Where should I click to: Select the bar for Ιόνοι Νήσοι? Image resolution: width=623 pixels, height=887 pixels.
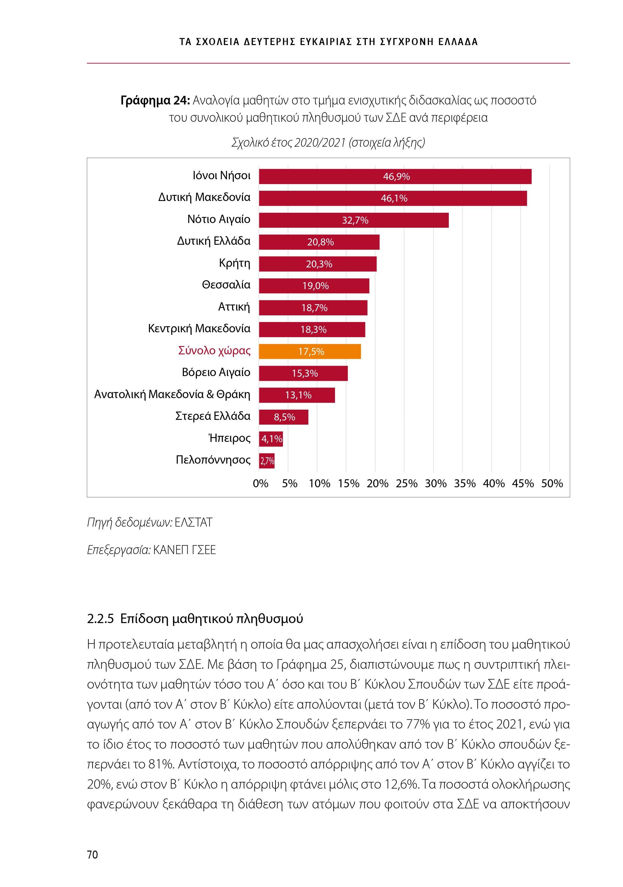[x=395, y=177]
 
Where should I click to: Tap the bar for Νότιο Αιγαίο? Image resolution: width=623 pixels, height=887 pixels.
[x=354, y=220]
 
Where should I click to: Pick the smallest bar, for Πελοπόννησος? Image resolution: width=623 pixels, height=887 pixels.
[x=267, y=460]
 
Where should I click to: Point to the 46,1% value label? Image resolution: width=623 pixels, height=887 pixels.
[x=394, y=198]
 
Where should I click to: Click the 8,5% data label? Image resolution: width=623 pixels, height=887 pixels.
[x=284, y=417]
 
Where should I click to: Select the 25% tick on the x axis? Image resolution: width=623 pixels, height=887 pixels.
[x=407, y=483]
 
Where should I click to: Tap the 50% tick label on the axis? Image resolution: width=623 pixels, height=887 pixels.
[x=552, y=483]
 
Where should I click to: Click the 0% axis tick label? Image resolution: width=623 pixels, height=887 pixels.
[x=261, y=483]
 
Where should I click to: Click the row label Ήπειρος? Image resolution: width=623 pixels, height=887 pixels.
[x=229, y=438]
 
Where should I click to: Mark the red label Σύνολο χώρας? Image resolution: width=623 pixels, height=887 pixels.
[x=214, y=351]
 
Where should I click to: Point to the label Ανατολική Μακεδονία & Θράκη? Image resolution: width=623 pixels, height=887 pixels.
[x=172, y=394]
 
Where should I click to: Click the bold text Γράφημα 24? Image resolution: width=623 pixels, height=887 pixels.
[x=155, y=100]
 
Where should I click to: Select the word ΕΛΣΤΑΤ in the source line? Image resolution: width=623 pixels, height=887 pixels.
[x=193, y=522]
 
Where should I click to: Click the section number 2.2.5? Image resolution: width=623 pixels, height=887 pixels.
[x=100, y=619]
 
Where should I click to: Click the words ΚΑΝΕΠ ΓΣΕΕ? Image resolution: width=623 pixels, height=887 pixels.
[x=184, y=550]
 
